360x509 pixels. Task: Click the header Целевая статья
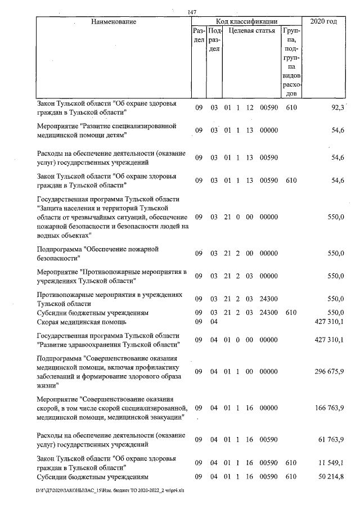point(251,31)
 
